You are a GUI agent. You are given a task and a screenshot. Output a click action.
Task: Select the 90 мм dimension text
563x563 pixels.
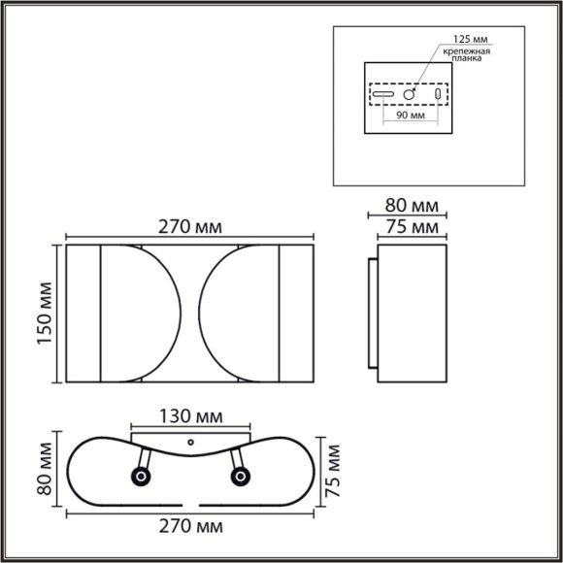point(412,115)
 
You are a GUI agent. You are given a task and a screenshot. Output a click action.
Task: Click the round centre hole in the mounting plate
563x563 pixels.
point(412,95)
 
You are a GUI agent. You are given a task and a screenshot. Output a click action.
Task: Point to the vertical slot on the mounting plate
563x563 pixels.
point(437,95)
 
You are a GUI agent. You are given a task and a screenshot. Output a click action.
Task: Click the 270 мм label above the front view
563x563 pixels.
point(190,226)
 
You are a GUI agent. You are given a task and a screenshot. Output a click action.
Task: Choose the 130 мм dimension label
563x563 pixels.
point(190,416)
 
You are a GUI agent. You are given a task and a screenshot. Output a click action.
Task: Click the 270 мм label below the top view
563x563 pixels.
point(190,527)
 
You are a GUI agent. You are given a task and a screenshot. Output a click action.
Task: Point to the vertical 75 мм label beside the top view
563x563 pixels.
point(335,470)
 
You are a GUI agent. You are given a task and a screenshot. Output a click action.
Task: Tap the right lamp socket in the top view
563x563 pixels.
point(239,476)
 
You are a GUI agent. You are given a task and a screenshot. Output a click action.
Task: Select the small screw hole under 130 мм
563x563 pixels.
point(190,442)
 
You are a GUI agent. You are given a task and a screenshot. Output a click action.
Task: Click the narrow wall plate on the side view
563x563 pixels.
point(373,315)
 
